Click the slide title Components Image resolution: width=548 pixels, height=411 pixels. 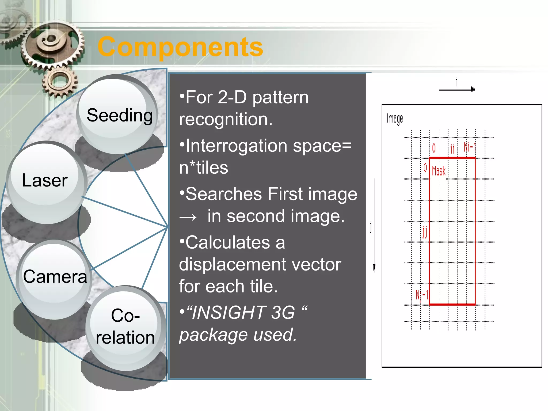coord(180,47)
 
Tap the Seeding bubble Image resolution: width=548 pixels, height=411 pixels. coord(119,115)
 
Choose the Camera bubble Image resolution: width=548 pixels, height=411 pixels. coord(55,276)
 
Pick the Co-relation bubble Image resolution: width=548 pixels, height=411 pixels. coord(125,326)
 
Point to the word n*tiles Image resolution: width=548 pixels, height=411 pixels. coord(203,168)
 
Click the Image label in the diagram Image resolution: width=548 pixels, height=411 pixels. coord(394,119)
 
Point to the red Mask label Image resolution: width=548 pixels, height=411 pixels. coord(439,171)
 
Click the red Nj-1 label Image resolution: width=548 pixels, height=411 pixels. coord(422,295)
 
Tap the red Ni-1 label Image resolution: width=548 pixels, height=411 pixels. coord(469,147)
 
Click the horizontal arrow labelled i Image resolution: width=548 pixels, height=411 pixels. coord(457,89)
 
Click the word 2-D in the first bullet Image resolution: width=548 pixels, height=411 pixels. coord(232,97)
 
